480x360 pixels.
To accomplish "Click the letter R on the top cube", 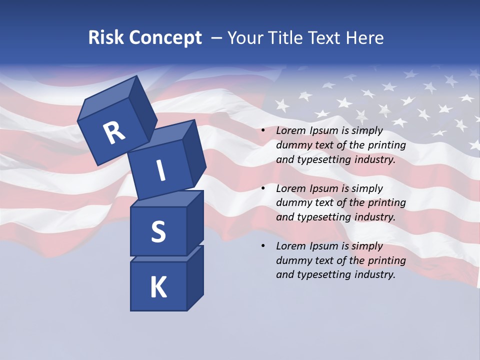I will click(x=114, y=133).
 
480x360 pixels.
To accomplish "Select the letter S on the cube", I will click(x=158, y=231).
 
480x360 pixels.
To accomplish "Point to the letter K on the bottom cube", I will click(x=158, y=287).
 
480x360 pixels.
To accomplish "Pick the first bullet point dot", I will click(x=263, y=131).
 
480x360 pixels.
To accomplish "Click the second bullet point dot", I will click(x=263, y=188).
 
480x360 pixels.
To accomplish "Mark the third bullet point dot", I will click(x=263, y=246).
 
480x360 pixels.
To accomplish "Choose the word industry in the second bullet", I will click(x=372, y=217).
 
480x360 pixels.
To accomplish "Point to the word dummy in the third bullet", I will click(x=292, y=260).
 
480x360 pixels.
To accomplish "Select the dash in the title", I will click(x=216, y=38).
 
